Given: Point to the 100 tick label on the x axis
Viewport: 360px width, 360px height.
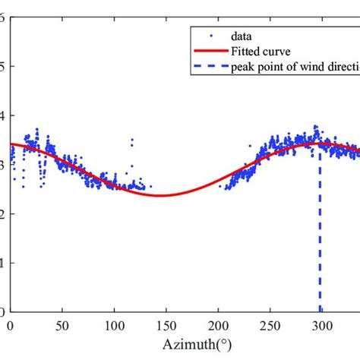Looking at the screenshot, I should (x=114, y=326).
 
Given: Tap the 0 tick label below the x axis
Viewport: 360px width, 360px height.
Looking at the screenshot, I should (x=11, y=326).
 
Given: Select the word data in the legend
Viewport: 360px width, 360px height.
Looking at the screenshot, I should (x=244, y=35).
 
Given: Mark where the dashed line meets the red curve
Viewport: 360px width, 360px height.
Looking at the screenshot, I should (x=320, y=143).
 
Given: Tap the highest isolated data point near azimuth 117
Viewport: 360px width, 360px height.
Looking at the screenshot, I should (x=131, y=140).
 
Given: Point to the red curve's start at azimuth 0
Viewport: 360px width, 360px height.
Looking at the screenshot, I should (x=11, y=144).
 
